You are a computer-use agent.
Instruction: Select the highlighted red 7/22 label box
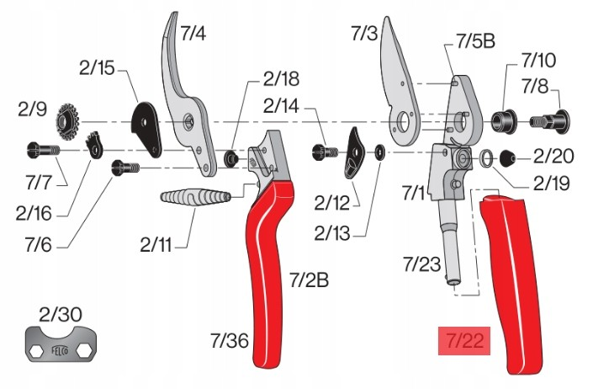point(464,340)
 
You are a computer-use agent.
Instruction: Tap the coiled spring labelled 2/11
point(195,197)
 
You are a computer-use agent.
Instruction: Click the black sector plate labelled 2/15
point(146,129)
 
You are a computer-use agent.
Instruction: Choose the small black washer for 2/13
point(379,152)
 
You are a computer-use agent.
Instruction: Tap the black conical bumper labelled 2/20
point(507,157)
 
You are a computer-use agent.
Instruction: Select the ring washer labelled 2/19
point(486,157)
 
